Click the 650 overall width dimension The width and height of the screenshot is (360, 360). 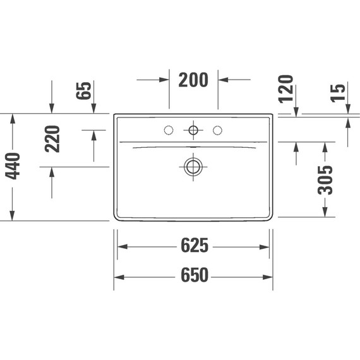194,277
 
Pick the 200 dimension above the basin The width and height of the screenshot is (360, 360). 193,80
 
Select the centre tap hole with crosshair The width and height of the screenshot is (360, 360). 193,130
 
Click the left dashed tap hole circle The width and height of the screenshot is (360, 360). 168,130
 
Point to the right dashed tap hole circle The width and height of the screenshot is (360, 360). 219,130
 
